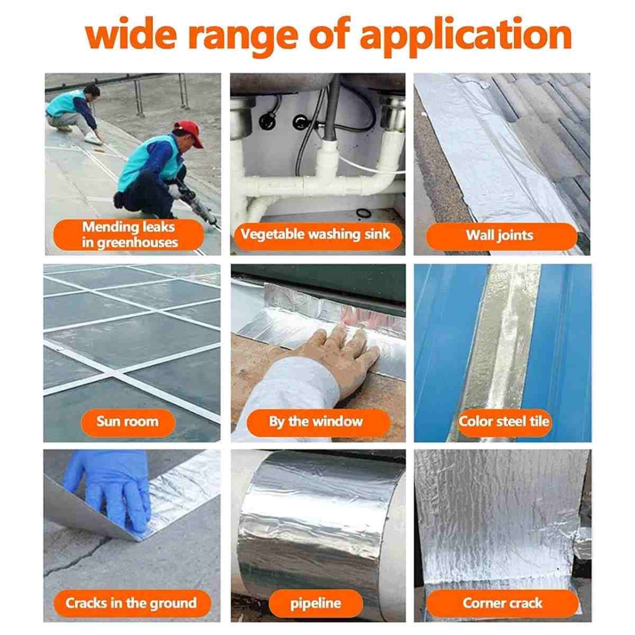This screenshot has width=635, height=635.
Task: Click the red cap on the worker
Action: coord(190,133)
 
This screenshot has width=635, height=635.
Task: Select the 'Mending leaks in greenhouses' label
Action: coord(129,234)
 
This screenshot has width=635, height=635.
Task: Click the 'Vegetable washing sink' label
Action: coord(316,234)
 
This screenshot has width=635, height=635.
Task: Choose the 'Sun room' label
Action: coord(128,421)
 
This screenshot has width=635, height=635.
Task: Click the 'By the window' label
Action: coord(316,421)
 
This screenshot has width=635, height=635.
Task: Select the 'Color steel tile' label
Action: coord(504,421)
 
